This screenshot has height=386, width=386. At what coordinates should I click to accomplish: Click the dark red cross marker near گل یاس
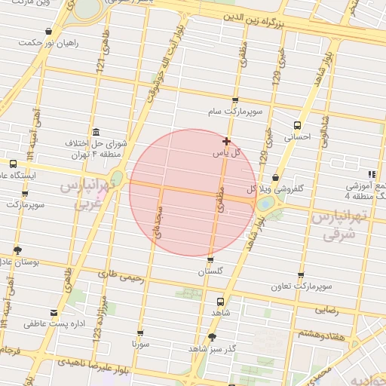tap(226, 141)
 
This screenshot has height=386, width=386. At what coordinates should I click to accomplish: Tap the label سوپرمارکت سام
tap(236, 112)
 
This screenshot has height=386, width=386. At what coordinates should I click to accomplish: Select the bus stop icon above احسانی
tap(298, 124)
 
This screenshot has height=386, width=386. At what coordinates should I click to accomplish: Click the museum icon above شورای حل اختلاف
tap(95, 131)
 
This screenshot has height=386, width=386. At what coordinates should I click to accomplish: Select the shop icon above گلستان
tap(210, 259)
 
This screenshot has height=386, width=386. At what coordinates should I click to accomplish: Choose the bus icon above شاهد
tap(220, 299)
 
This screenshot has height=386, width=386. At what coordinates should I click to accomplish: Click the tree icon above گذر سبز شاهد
tap(213, 336)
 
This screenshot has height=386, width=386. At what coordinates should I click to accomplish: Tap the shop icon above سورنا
tap(140, 332)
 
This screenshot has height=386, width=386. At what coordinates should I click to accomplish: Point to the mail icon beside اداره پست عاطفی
tap(54, 312)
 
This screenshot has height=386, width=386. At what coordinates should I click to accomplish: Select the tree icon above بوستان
tap(17, 250)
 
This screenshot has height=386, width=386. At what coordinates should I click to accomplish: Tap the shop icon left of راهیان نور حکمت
tap(49, 32)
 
